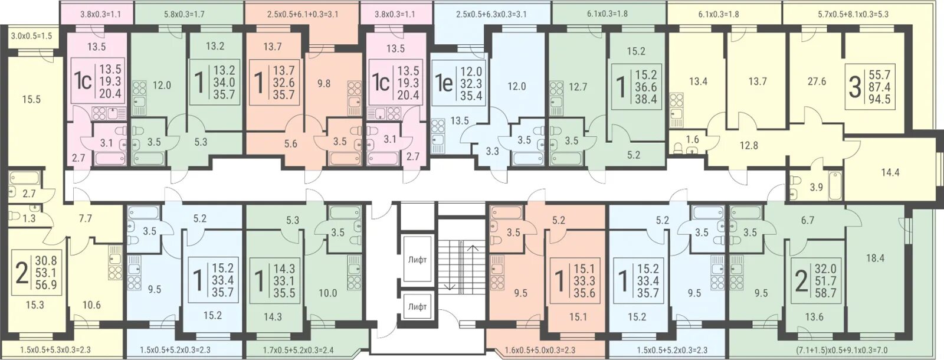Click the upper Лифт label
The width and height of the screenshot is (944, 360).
417,260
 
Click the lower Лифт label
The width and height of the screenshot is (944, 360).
417,306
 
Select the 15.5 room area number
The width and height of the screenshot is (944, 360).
32,100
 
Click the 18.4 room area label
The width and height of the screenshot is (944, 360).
875,258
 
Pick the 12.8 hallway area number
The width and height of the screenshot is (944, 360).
749,145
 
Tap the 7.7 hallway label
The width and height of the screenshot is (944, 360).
85,218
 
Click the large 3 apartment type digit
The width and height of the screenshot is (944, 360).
854,89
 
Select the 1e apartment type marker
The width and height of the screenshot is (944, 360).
445,83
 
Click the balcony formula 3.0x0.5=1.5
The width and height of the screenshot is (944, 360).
31,36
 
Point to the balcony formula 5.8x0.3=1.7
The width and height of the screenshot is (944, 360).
183,14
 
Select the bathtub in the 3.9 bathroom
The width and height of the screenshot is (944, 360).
835,185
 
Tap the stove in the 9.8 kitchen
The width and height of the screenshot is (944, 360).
355,90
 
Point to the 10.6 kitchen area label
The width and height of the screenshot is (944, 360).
91,305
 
